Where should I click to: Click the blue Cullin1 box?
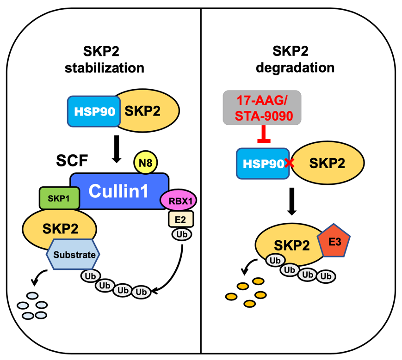(119, 191)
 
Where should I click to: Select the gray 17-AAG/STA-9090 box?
(262, 108)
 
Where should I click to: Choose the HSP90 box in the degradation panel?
(261, 163)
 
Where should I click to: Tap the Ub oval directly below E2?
(181, 235)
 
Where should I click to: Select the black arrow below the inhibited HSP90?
(292, 201)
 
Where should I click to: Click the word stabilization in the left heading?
(105, 68)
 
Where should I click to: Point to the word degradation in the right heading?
(302, 68)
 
